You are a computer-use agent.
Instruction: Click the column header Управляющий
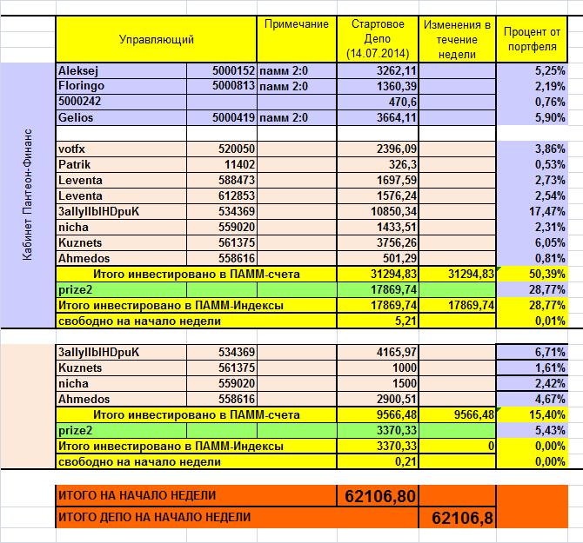point(157,40)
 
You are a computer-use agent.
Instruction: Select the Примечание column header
point(296,24)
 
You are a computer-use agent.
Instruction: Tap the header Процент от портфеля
point(531,39)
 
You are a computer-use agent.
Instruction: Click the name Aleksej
point(79,70)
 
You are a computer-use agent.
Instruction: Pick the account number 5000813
point(232,86)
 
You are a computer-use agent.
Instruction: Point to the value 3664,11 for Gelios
point(395,117)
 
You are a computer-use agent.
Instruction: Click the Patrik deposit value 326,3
point(401,164)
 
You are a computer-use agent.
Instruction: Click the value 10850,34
point(391,211)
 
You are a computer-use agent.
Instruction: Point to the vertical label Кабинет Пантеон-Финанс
point(28,200)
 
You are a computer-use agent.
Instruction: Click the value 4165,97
point(395,352)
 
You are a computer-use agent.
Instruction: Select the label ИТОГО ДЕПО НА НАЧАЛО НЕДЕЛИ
point(154,518)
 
